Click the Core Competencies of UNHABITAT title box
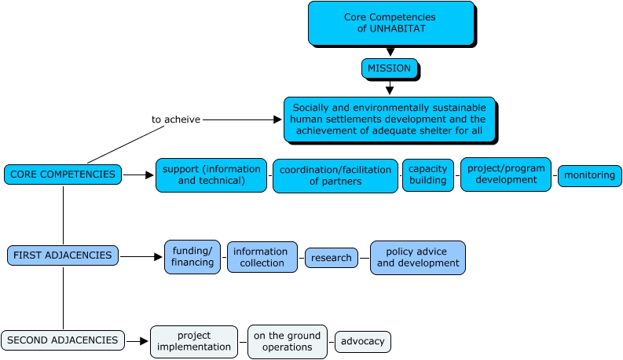[x=390, y=23]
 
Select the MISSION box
[x=389, y=68]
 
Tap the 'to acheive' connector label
[x=175, y=119]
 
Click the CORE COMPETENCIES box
[x=63, y=174]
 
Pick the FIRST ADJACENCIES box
[x=63, y=255]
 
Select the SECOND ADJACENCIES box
[x=63, y=340]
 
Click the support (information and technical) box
[x=211, y=174]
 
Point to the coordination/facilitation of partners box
[x=335, y=175]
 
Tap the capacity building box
[x=427, y=174]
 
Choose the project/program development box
[x=505, y=174]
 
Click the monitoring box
[x=589, y=175]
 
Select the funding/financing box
[x=192, y=256]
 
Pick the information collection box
[x=262, y=257]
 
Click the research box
[x=331, y=257]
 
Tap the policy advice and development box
[x=417, y=257]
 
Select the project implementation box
[x=193, y=341]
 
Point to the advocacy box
[x=362, y=341]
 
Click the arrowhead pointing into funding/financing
[x=158, y=256]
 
